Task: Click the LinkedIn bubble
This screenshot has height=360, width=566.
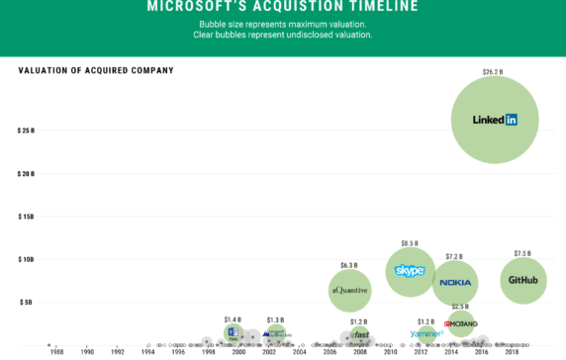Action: pos(495,120)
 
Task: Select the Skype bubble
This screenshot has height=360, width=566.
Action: pos(410,271)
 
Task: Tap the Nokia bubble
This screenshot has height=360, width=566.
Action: pos(455,283)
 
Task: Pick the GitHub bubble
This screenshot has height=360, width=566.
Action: pos(523,280)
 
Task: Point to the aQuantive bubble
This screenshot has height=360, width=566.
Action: pos(349,290)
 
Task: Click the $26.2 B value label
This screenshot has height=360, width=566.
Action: pos(493,72)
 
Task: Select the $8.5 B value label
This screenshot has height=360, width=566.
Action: pos(410,242)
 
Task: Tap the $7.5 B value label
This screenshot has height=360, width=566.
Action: pos(522,253)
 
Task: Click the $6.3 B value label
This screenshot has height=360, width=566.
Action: pos(348,265)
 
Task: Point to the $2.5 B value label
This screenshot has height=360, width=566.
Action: pos(460,307)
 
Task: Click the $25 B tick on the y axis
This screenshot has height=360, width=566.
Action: pos(26,131)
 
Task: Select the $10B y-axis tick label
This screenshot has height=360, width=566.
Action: pos(26,259)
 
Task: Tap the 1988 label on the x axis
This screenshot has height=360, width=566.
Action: pos(57,352)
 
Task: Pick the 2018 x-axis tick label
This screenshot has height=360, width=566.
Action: pos(512,352)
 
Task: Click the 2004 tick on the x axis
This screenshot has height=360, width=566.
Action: pos(300,352)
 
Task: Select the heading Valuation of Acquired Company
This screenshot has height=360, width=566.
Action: pos(96,70)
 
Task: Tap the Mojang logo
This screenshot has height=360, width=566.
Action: pos(461,323)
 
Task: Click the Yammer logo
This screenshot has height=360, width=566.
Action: pos(425,334)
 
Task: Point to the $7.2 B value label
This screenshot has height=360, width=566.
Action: pos(454,257)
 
